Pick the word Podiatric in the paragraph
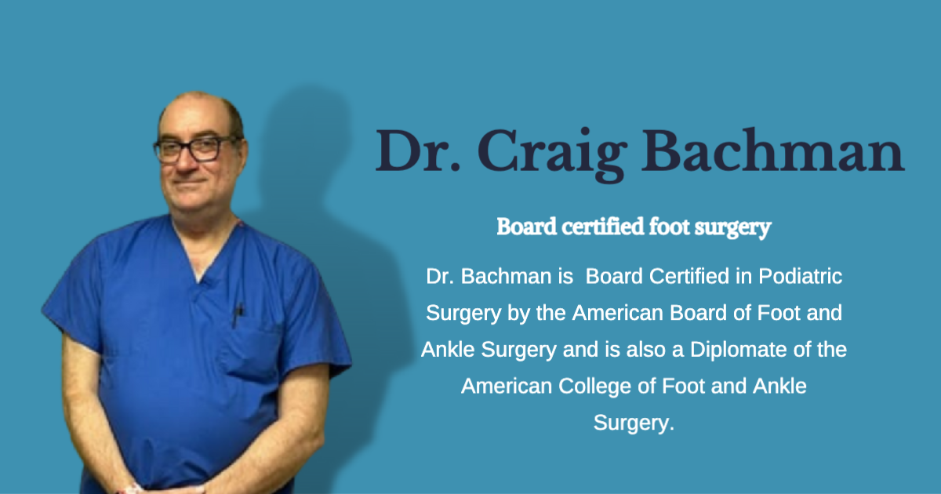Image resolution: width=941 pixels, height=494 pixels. pyautogui.click(x=801, y=277)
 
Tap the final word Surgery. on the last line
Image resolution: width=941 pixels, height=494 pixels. pyautogui.click(x=634, y=423)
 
